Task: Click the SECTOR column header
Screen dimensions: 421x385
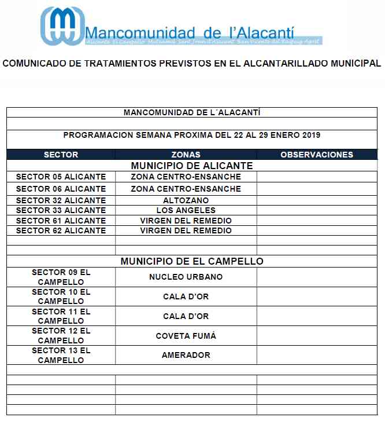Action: (61, 155)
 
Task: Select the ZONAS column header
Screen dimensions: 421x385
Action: (186, 155)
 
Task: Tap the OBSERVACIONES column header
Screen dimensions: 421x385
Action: (316, 155)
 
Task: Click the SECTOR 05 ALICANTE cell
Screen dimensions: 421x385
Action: (61, 177)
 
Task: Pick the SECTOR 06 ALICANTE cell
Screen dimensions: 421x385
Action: (61, 189)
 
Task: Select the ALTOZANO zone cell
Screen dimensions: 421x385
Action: (186, 200)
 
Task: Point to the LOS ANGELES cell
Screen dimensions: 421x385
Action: (186, 210)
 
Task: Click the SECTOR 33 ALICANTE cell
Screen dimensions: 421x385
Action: (61, 210)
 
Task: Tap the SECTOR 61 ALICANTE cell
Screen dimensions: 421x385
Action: (61, 221)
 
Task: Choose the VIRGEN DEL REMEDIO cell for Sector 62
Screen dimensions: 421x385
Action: (186, 230)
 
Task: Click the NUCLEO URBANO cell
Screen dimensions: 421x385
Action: (186, 277)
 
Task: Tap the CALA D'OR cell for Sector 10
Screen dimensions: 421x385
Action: (186, 296)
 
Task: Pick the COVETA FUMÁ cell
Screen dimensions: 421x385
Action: (186, 336)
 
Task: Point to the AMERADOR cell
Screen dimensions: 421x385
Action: (186, 355)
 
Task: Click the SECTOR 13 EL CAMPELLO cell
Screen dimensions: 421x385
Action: (61, 355)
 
